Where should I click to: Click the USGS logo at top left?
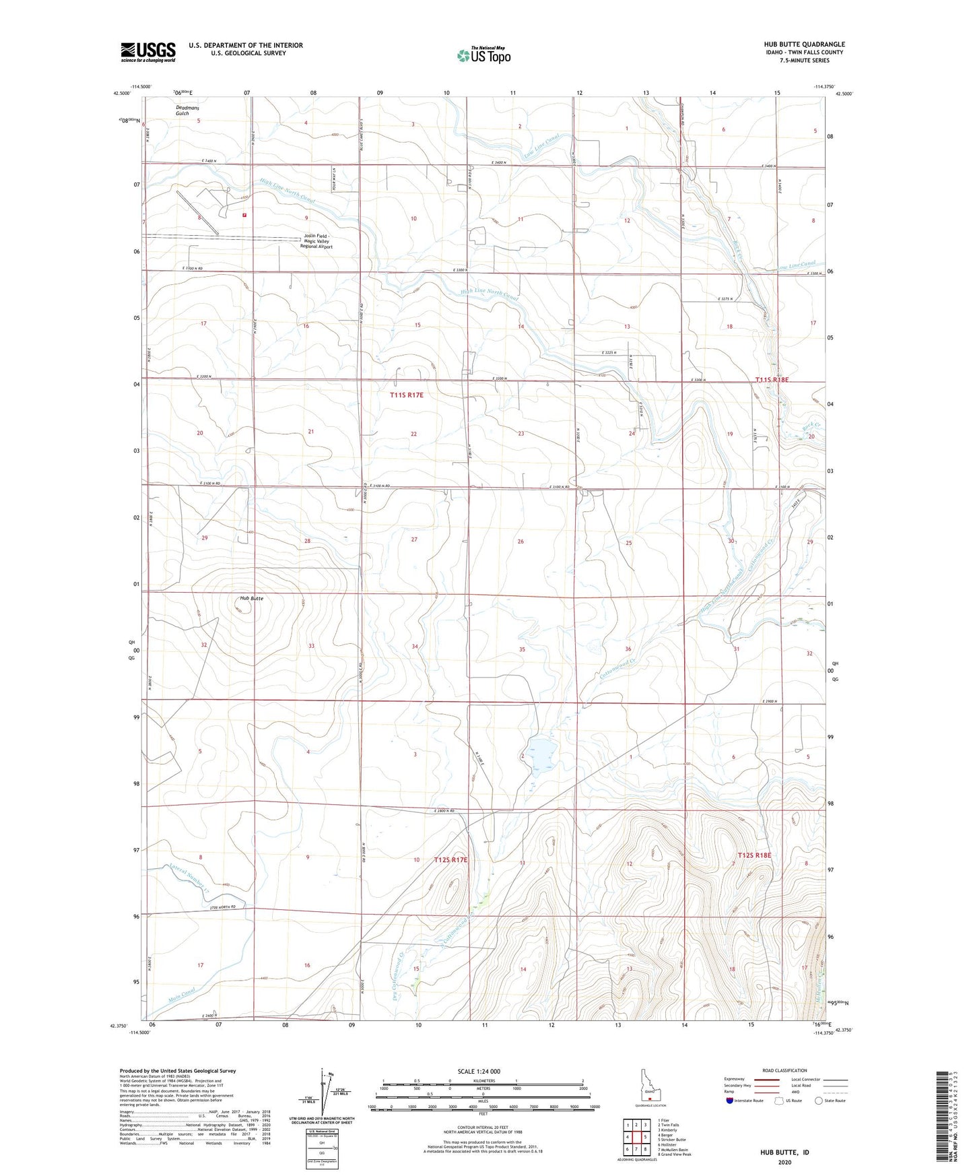(x=148, y=51)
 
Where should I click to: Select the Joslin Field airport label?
(x=316, y=242)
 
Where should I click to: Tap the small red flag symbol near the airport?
(x=244, y=216)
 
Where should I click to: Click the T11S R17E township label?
(x=407, y=395)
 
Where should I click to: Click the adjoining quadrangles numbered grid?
(x=636, y=1136)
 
